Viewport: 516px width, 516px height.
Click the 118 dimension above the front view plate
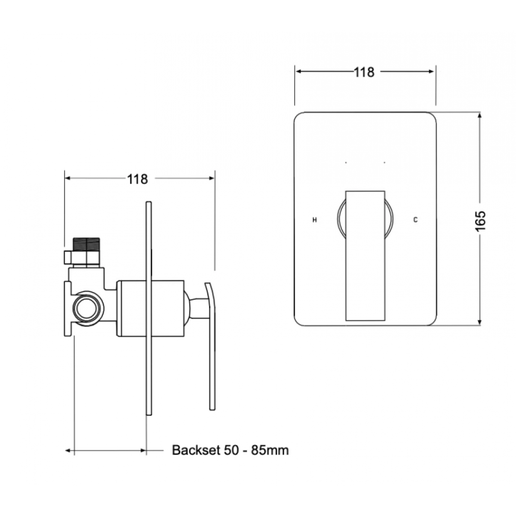364,72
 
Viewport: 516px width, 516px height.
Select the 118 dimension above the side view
137,179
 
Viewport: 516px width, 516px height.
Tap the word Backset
196,450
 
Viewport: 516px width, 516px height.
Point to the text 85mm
270,450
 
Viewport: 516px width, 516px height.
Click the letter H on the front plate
315,220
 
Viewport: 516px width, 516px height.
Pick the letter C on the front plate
415,220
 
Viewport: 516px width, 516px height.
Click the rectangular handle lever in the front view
365,256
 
